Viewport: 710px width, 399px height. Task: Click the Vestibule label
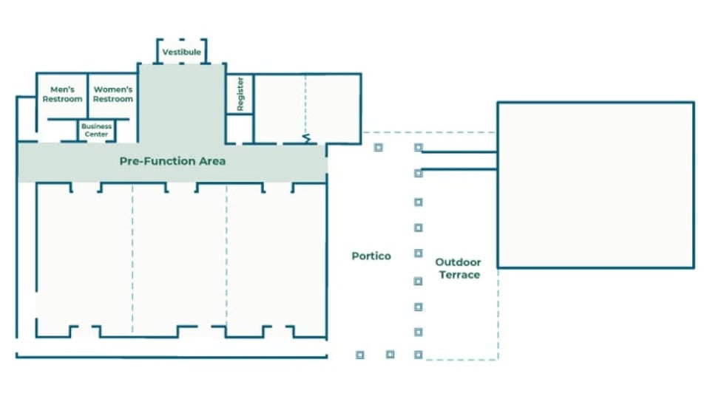click(x=181, y=52)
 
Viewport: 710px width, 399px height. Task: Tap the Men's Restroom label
click(x=62, y=95)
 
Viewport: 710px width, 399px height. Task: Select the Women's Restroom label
click(x=113, y=95)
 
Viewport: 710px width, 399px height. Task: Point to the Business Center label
click(x=96, y=130)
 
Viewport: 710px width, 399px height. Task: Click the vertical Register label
click(x=240, y=94)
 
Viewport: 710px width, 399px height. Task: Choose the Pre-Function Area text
click(x=172, y=161)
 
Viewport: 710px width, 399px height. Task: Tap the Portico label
click(x=371, y=256)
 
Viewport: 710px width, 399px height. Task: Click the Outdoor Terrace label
click(x=458, y=268)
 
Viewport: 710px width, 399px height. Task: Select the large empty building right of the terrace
click(x=595, y=185)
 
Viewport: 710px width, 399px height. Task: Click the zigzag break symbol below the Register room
click(x=305, y=139)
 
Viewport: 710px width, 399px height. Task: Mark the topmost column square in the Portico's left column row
click(x=378, y=147)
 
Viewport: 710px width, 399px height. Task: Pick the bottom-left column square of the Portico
click(x=360, y=355)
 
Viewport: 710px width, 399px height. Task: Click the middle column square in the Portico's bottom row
click(x=390, y=355)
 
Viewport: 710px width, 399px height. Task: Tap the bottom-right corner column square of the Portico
click(x=419, y=355)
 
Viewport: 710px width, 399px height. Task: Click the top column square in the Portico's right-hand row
click(x=419, y=148)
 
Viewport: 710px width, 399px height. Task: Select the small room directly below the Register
click(x=240, y=129)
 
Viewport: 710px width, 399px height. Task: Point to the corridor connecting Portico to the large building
click(x=459, y=160)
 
